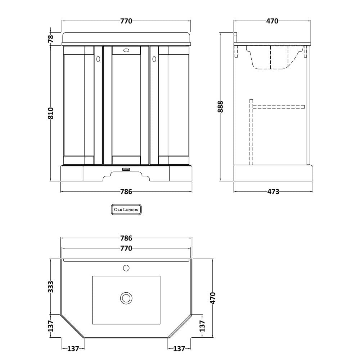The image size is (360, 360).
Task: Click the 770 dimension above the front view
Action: tap(126, 21)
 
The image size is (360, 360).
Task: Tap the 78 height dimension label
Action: tap(51, 38)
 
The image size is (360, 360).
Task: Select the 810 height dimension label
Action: tap(51, 113)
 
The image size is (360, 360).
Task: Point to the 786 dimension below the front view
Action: tap(126, 192)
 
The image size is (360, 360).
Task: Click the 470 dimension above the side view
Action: tap(272, 21)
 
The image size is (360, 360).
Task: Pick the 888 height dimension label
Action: tap(220, 107)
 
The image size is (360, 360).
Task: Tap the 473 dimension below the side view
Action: tap(273, 192)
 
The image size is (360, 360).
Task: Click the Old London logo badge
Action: tap(126, 210)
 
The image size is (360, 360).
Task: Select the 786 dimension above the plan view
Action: tap(126, 238)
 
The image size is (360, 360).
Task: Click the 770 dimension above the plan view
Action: tap(126, 248)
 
